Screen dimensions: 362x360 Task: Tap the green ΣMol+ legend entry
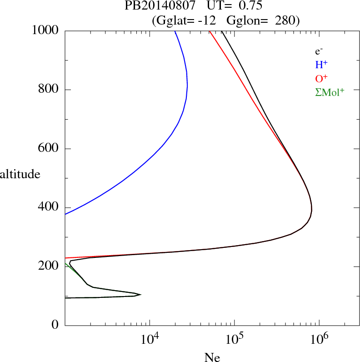tap(330, 92)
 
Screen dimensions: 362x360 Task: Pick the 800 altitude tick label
tap(49, 90)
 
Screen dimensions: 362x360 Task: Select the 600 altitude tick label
tap(49, 149)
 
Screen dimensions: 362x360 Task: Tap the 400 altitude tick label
tap(49, 207)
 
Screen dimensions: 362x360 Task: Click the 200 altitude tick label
tap(49, 266)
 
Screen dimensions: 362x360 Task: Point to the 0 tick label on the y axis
tap(55, 325)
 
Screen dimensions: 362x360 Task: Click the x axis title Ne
tap(212, 357)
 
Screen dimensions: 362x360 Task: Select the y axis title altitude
tap(20, 174)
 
